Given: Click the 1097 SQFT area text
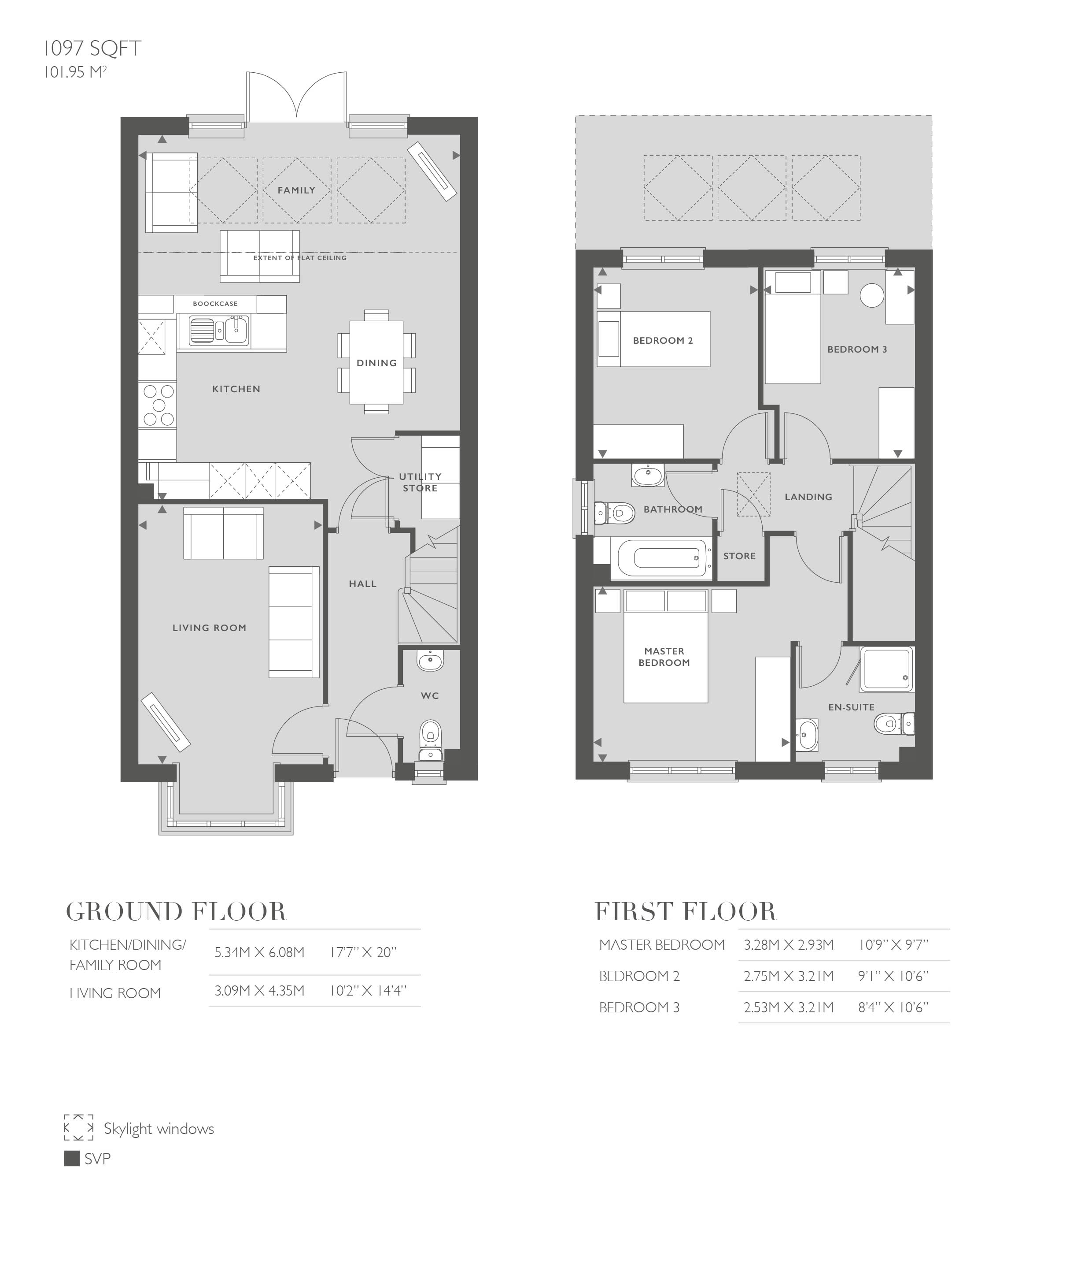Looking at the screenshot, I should (92, 48).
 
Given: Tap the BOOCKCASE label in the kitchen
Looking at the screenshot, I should (215, 304).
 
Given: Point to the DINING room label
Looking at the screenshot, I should (376, 363).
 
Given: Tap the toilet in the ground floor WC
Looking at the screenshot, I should (430, 734).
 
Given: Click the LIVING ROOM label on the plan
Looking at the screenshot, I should (209, 628).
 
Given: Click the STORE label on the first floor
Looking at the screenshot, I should (739, 556).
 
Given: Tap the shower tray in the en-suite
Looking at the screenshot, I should (886, 669).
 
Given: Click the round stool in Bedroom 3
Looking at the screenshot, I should (872, 295).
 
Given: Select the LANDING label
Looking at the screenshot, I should (808, 497).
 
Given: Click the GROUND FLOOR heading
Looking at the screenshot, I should (177, 911).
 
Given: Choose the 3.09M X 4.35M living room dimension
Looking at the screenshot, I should (259, 991).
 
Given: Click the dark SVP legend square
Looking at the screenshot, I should (72, 1158).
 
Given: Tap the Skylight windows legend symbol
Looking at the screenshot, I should (79, 1127).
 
